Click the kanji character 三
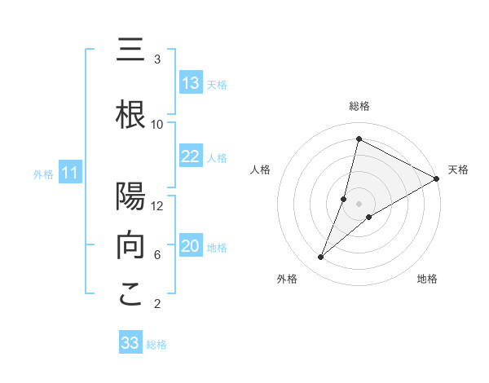130,51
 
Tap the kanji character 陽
130,197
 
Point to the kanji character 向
130,246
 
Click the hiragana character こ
130,295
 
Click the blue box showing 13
191,83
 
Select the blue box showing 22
191,156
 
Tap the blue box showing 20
191,246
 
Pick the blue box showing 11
70,173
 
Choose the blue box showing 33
130,343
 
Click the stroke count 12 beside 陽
157,206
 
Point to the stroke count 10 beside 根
157,125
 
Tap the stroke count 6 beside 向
157,255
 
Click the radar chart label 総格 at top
359,106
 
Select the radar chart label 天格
458,169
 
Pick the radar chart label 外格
287,279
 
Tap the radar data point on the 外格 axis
321,258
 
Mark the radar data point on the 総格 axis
359,139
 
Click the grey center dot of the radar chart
359,204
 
